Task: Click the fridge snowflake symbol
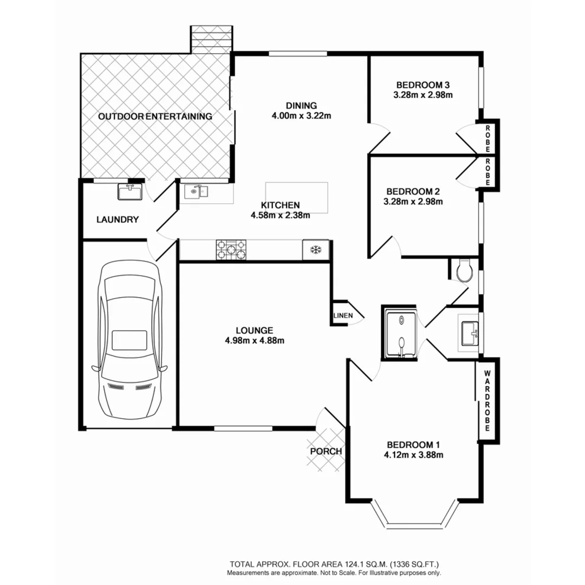click(x=315, y=250)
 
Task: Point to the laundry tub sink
click(x=129, y=191)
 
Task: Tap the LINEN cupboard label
click(x=342, y=315)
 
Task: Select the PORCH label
click(x=326, y=451)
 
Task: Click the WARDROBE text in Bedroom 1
click(x=486, y=400)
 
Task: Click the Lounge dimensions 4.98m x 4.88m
click(x=253, y=340)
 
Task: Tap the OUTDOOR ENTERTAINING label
click(x=155, y=116)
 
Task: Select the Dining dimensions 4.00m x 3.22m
click(x=302, y=115)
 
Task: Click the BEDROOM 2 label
click(x=412, y=191)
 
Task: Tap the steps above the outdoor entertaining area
click(x=211, y=38)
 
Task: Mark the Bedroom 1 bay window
click(x=415, y=517)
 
